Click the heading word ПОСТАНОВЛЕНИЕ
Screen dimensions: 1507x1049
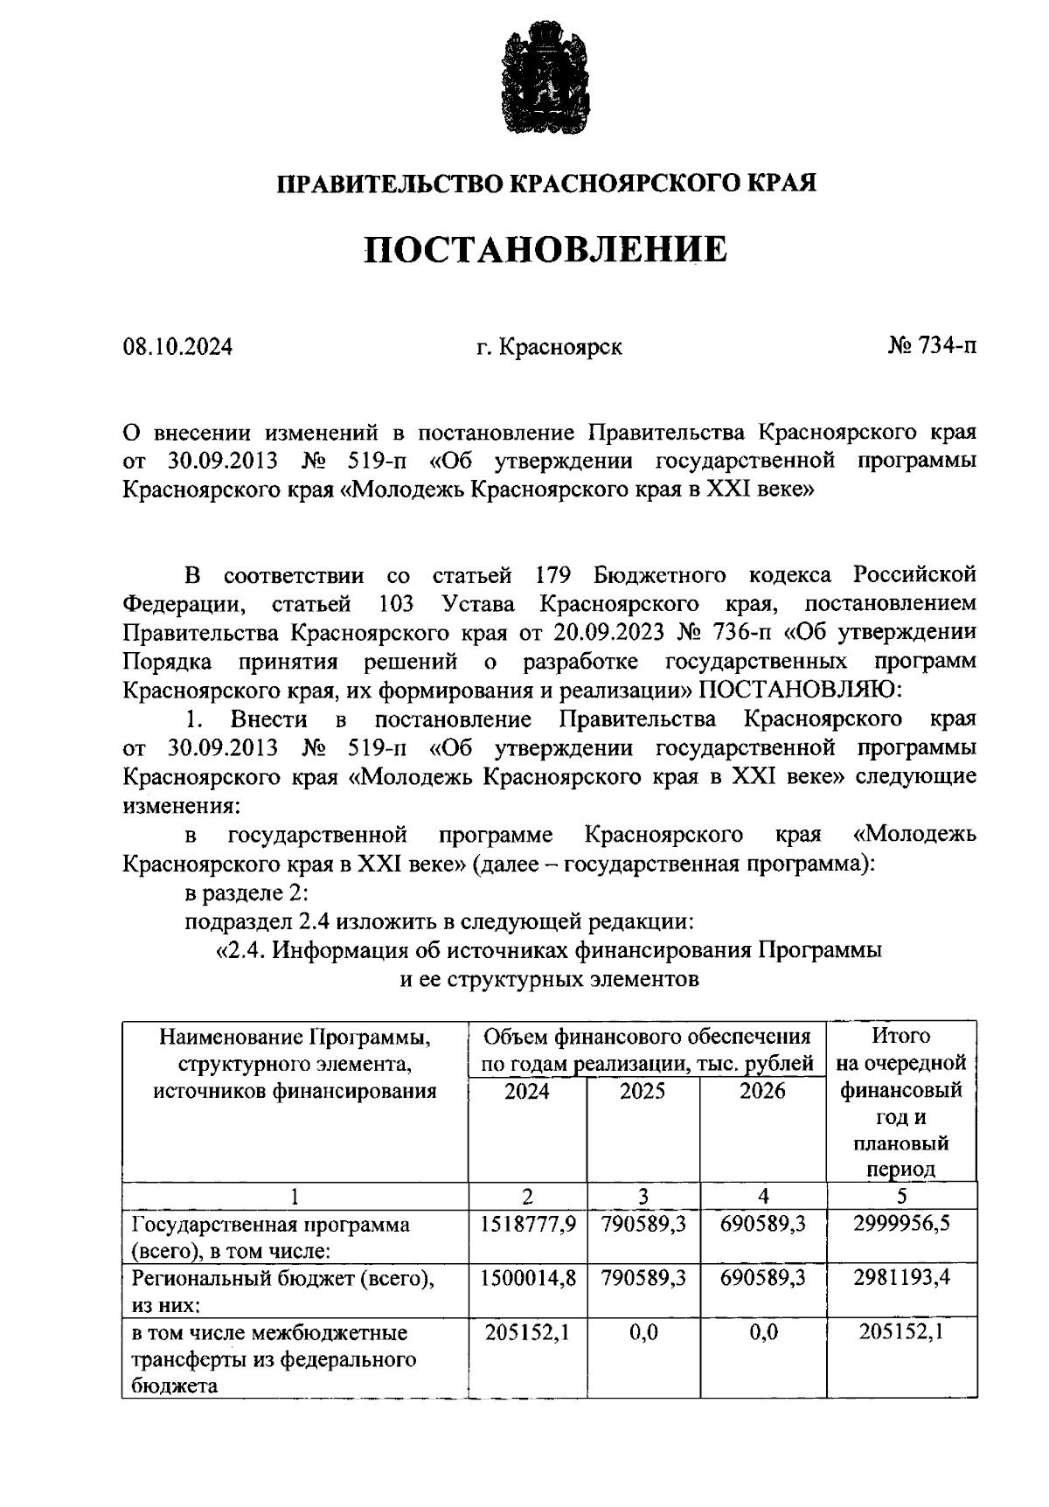[x=545, y=250]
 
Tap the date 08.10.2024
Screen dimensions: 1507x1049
[x=178, y=347]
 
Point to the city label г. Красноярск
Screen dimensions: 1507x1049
[x=550, y=347]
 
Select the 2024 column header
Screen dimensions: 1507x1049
[x=527, y=1091]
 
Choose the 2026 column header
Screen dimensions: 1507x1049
[x=762, y=1091]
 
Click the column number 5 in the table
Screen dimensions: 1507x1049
[x=901, y=1196]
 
